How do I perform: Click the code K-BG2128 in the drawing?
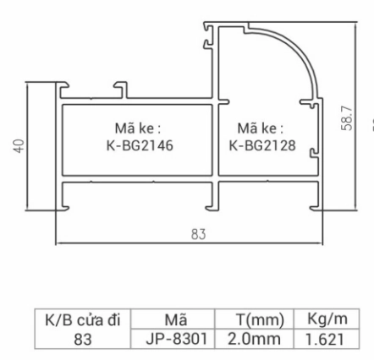pyautogui.click(x=262, y=145)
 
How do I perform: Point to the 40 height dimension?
pyautogui.click(x=18, y=146)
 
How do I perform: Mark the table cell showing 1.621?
pyautogui.click(x=327, y=337)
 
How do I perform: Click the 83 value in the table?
pyautogui.click(x=83, y=337)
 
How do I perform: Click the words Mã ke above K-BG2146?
pyautogui.click(x=138, y=128)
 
